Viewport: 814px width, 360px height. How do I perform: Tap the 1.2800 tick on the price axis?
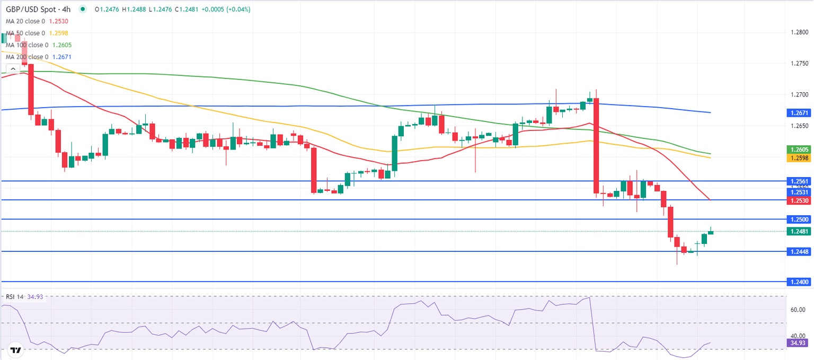click(x=797, y=33)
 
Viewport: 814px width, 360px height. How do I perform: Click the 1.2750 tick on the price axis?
click(x=797, y=64)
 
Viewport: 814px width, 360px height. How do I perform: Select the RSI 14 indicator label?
click(x=15, y=297)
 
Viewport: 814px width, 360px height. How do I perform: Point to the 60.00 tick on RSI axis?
click(x=798, y=310)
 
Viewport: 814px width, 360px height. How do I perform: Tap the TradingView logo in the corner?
click(x=15, y=350)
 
